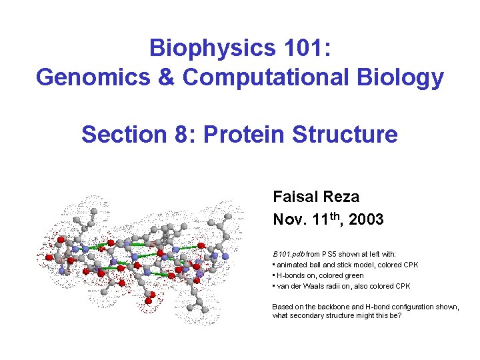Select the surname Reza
341,197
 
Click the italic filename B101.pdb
289,254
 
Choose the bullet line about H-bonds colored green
318,275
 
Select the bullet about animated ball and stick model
345,265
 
